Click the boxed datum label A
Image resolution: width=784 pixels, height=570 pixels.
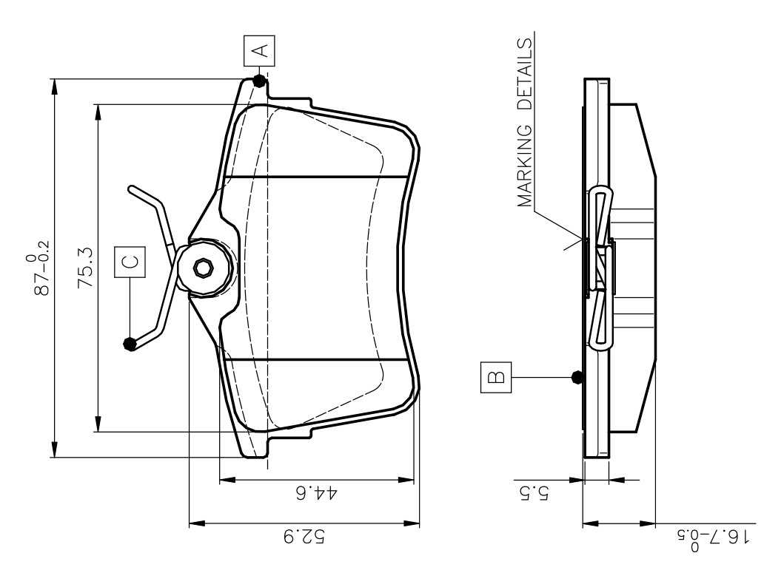[258, 50]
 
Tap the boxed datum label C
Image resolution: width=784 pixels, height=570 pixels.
[130, 261]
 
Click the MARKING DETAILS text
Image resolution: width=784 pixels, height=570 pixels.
[526, 123]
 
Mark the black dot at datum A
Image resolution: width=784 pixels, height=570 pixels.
[258, 80]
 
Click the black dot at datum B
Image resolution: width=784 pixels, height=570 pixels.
[579, 377]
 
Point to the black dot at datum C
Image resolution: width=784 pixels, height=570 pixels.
[130, 343]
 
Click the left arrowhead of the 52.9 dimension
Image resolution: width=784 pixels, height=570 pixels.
[196, 524]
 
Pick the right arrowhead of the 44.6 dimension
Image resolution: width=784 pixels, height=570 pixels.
[405, 481]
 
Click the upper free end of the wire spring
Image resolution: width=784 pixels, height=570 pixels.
[131, 189]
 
